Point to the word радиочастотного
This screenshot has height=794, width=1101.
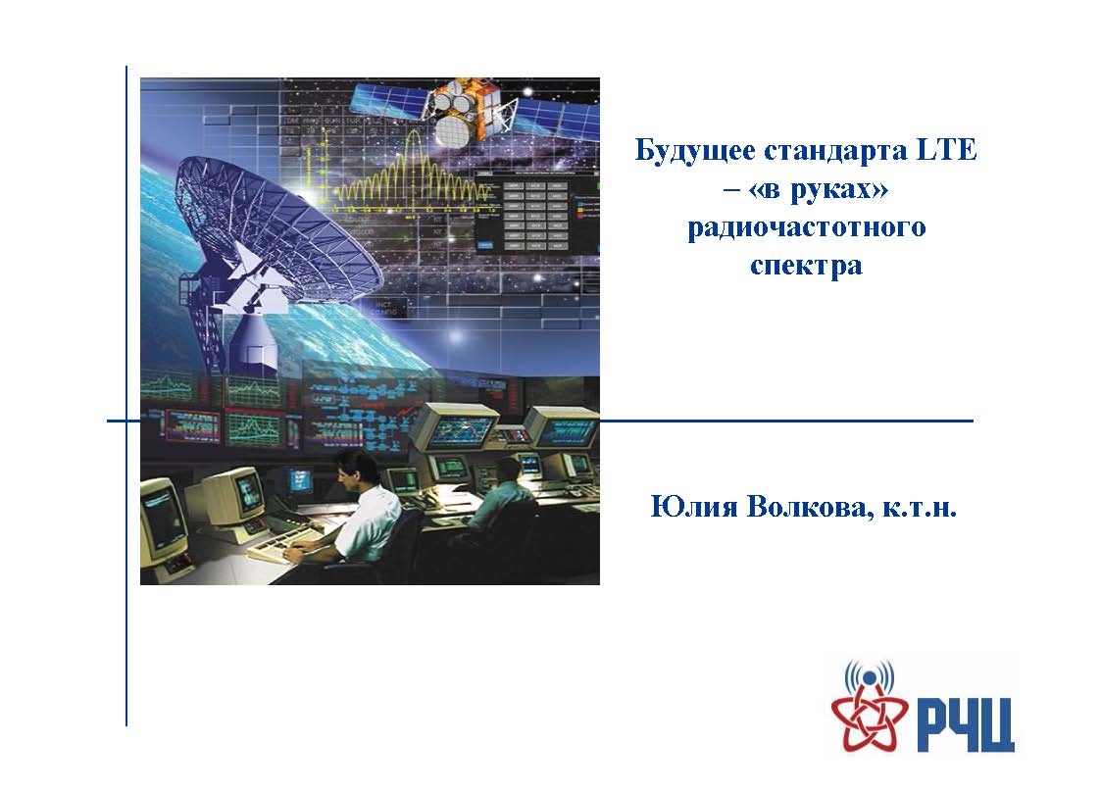[x=806, y=228]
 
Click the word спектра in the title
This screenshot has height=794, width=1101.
[x=806, y=267]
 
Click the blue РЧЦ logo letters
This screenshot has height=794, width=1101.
[x=966, y=723]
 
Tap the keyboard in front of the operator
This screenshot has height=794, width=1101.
[x=284, y=545]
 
